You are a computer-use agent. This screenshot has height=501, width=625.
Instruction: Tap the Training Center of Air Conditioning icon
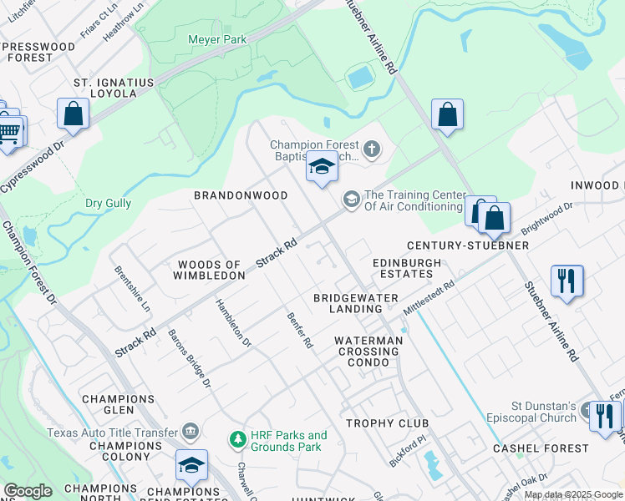352,199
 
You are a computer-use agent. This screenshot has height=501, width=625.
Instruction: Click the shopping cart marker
9,131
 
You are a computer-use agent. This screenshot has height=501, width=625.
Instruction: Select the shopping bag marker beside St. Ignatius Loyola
73,114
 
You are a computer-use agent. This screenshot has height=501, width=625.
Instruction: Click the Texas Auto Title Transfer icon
191,432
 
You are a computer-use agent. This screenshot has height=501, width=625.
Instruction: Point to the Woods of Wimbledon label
210,270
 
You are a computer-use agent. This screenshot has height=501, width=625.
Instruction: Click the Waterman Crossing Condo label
368,352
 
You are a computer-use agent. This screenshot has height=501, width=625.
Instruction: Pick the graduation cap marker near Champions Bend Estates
191,464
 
